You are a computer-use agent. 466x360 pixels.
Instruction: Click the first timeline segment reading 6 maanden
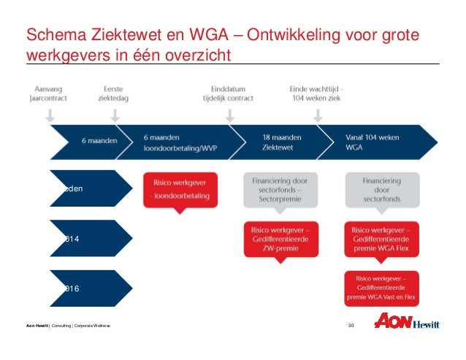[88, 139]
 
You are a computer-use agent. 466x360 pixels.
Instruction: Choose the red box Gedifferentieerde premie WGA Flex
[381, 239]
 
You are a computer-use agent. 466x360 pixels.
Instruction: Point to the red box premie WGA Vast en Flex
[381, 288]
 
